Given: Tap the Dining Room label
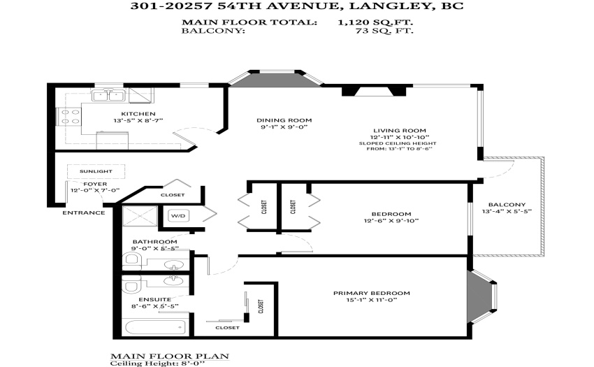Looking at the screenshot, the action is coord(284,120).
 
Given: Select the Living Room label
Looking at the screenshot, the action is coord(399,131).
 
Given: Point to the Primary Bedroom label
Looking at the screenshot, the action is coord(372,293).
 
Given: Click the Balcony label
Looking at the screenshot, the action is coord(507,205).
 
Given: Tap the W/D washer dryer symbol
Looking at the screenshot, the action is coord(178,216).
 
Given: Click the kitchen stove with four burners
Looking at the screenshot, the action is coord(68,117).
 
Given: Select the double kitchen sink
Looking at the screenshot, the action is coord(109,96).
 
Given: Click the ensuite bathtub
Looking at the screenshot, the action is coord(156,327).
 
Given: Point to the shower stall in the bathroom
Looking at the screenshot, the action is coord(140,216).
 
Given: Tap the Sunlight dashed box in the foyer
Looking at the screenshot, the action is coord(96,171).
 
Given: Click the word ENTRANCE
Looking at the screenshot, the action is coord(84,213).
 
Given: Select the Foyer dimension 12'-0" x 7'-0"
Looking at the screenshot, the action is coord(95,190).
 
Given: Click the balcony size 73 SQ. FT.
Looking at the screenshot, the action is coord(384,31).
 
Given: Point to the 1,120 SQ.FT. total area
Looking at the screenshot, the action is coord(375,22).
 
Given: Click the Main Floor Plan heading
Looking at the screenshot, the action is coord(170,356).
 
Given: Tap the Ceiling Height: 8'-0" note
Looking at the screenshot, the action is coord(157,364).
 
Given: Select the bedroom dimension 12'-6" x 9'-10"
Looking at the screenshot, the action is coord(391,221).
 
